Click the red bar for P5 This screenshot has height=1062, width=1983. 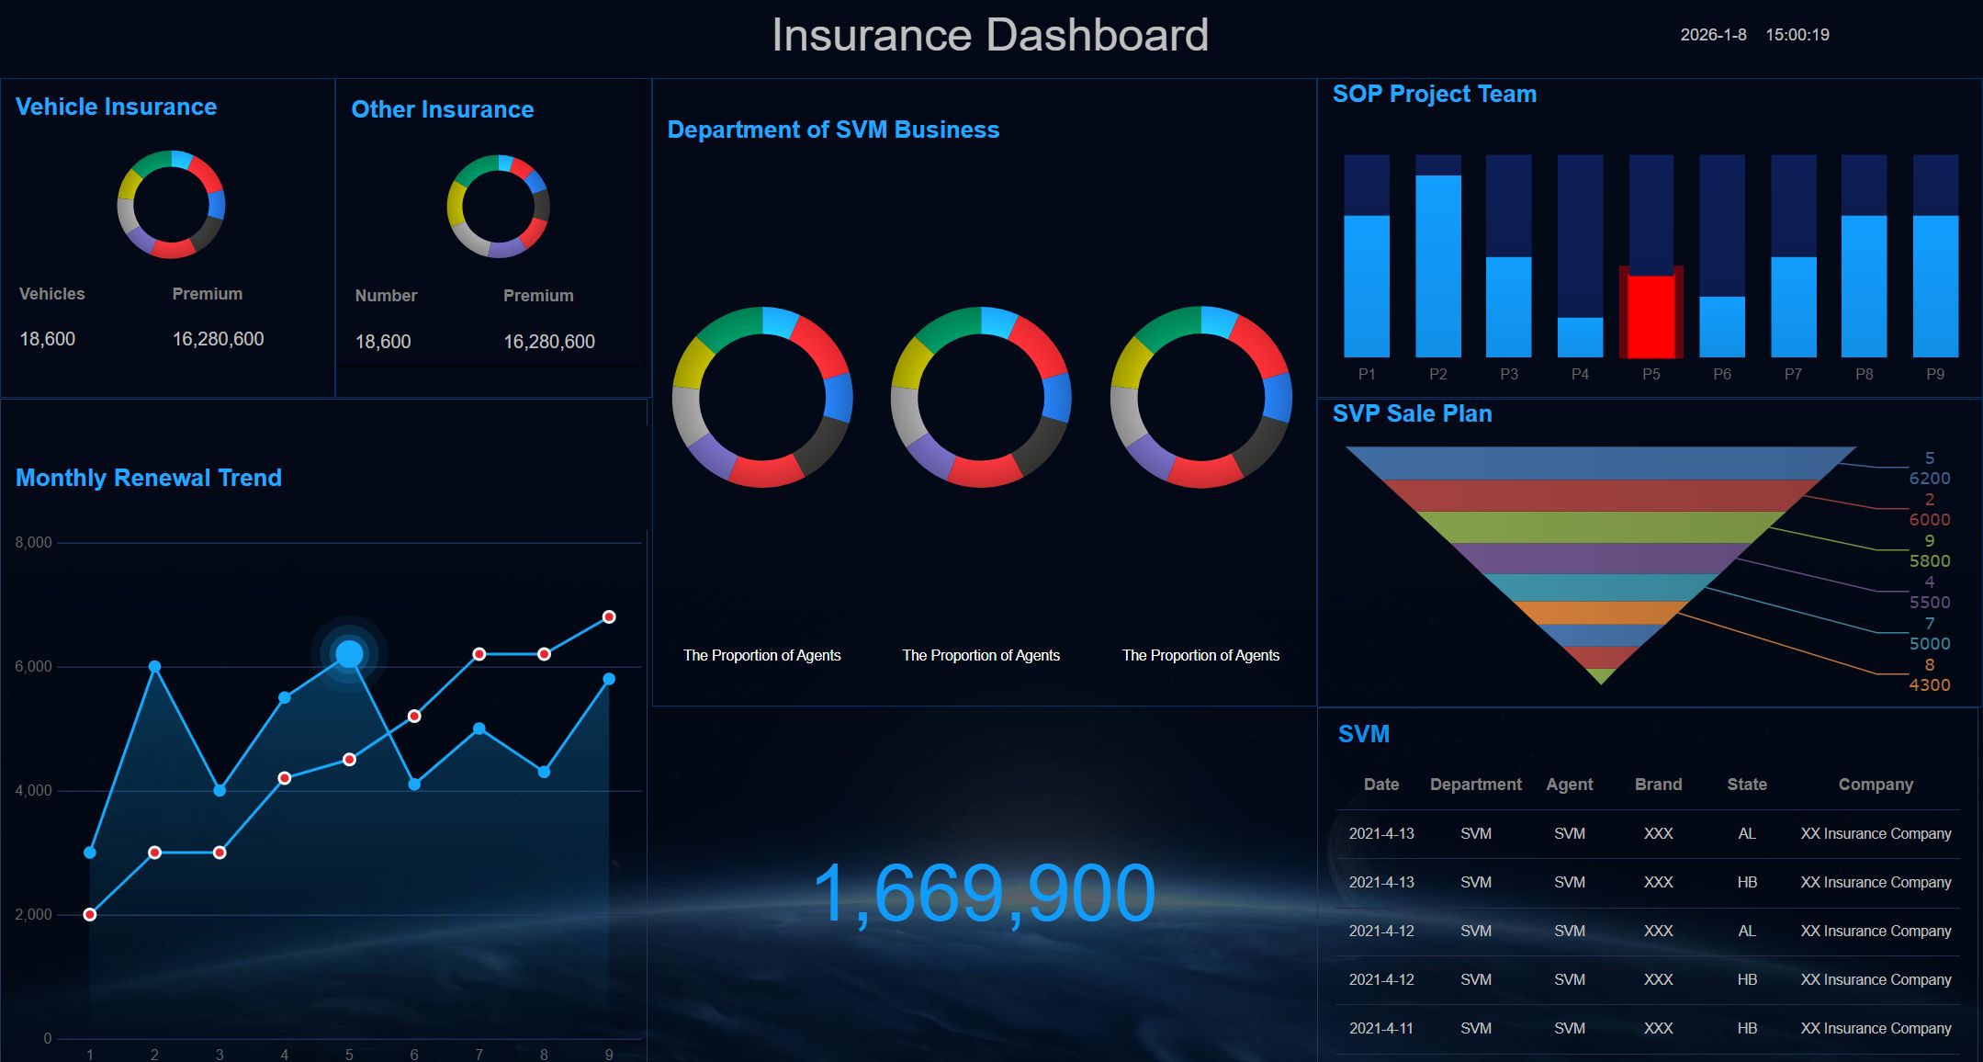click(x=1651, y=315)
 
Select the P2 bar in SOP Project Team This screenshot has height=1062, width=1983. click(x=1437, y=265)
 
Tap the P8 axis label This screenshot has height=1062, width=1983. click(x=1864, y=374)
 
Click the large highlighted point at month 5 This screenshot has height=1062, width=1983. click(x=349, y=654)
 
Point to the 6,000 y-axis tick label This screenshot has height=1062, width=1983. click(x=34, y=666)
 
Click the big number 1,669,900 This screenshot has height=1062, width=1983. click(x=984, y=893)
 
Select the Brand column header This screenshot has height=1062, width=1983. click(x=1658, y=784)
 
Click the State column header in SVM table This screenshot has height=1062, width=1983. click(x=1746, y=784)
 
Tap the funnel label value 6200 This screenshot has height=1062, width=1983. click(x=1929, y=478)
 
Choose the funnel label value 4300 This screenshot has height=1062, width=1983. click(x=1929, y=684)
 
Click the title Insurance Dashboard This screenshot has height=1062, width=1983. click(x=989, y=35)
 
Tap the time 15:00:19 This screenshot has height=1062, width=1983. click(x=1797, y=35)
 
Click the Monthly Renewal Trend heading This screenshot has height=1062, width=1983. click(x=149, y=478)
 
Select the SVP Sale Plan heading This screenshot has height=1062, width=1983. click(x=1412, y=413)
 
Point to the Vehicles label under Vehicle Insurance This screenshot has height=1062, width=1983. click(x=51, y=294)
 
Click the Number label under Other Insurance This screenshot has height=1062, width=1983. click(x=386, y=296)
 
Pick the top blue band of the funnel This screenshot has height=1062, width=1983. click(x=1600, y=462)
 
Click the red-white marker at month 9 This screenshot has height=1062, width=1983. click(x=609, y=616)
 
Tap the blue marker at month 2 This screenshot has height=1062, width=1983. click(x=154, y=666)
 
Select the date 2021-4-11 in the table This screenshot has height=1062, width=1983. click(x=1380, y=1028)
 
